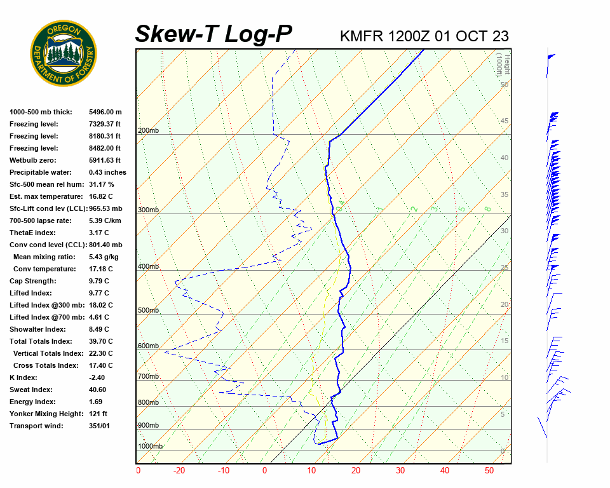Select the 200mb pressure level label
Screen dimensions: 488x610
[x=149, y=131]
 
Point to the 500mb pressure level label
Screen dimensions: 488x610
[x=149, y=311]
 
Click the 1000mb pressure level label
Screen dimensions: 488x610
[x=151, y=446]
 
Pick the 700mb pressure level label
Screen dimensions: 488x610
[x=149, y=377]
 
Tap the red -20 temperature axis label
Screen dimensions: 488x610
[x=180, y=471]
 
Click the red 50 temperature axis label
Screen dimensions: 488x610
[x=489, y=471]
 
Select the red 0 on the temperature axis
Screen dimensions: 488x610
[x=265, y=471]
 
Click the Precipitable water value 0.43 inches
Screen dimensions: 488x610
[x=107, y=172]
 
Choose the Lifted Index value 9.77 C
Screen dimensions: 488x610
[x=98, y=293]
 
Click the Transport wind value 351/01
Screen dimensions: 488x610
[x=99, y=426]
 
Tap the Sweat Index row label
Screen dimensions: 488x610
[x=31, y=390]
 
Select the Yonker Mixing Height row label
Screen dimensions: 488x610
[x=45, y=414]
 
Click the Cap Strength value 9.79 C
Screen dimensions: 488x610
[x=98, y=281]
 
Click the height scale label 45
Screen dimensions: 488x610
[x=505, y=121]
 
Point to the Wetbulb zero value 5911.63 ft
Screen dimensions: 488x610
[x=104, y=160]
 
